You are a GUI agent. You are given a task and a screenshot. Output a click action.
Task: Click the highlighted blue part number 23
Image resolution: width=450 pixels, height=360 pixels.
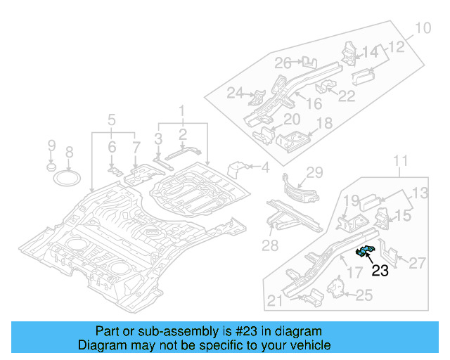click(x=365, y=252)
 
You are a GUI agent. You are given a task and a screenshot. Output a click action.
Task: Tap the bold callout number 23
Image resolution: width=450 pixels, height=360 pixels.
click(x=380, y=271)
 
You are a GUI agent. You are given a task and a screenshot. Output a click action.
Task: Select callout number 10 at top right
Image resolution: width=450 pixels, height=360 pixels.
click(x=422, y=29)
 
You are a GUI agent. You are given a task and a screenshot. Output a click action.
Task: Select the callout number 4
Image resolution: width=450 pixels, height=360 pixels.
click(x=265, y=167)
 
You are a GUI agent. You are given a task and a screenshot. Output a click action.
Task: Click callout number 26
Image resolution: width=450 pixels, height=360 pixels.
click(x=283, y=63)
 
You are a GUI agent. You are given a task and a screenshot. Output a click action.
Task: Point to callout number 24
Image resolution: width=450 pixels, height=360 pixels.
click(x=235, y=93)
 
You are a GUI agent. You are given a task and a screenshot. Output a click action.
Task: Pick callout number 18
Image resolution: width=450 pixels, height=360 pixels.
click(x=324, y=124)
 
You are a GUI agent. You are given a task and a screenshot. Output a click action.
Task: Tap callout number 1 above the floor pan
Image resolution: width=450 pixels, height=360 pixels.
click(x=181, y=110)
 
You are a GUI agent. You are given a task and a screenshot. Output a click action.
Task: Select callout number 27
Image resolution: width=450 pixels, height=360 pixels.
click(x=418, y=262)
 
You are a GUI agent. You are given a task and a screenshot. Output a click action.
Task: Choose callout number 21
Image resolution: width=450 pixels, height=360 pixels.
click(x=275, y=302)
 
